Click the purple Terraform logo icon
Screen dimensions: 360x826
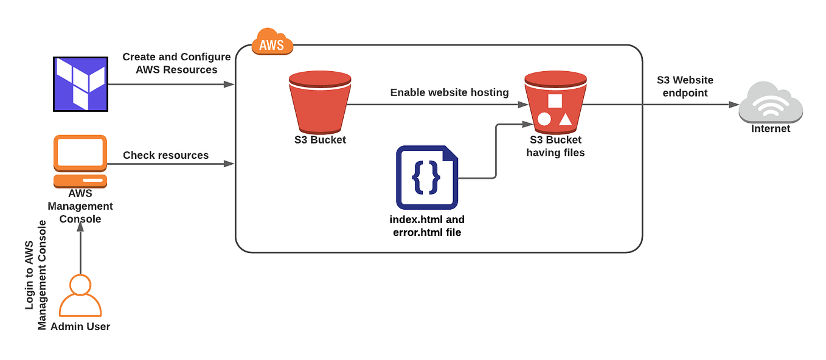click(x=80, y=84)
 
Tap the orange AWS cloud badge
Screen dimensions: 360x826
click(x=272, y=42)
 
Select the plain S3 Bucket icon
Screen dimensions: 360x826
click(x=320, y=101)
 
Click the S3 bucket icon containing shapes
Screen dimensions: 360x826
click(x=555, y=101)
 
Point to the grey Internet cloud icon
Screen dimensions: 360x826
click(x=771, y=103)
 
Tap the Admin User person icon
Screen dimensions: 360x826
click(x=80, y=297)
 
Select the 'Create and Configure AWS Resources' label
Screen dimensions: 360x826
click(x=176, y=63)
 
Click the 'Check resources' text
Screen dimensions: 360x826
click(x=165, y=155)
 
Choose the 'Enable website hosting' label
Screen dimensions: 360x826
click(x=449, y=92)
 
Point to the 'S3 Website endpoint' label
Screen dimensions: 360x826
click(x=685, y=86)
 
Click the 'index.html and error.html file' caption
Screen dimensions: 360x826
click(x=426, y=226)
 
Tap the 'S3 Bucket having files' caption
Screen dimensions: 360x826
click(x=555, y=147)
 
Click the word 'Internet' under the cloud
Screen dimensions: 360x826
click(x=771, y=129)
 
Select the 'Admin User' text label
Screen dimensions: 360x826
click(x=80, y=327)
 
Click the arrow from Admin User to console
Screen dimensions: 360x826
click(x=80, y=252)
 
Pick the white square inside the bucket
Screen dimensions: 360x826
click(x=555, y=101)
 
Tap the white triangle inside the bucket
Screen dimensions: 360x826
click(x=565, y=119)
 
